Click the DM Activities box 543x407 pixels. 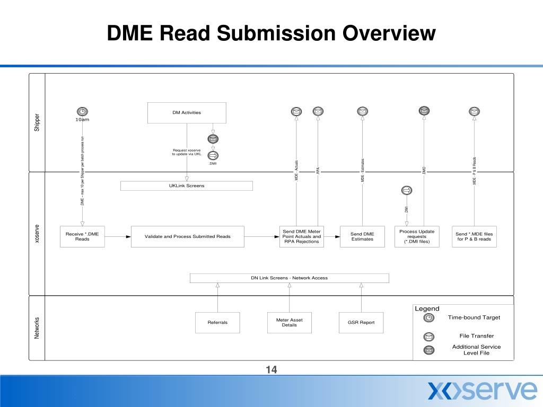[187, 112]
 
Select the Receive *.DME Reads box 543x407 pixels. [82, 236]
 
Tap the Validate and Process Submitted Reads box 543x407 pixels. [188, 236]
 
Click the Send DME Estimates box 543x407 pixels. [362, 236]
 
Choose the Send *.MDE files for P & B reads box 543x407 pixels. [474, 236]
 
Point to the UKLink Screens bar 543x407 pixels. [186, 186]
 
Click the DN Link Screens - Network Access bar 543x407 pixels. [289, 278]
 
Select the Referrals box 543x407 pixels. [218, 322]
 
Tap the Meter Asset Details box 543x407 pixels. [290, 322]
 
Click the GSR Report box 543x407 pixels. [361, 322]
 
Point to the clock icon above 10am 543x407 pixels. [82, 111]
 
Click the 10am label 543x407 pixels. [82, 120]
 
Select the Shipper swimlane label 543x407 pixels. [37, 123]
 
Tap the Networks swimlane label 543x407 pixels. [37, 328]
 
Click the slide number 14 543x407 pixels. [271, 370]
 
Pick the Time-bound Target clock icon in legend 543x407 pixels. [430, 318]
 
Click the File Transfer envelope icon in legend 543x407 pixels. [430, 337]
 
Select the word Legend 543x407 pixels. [427, 308]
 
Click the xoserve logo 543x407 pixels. [483, 390]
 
